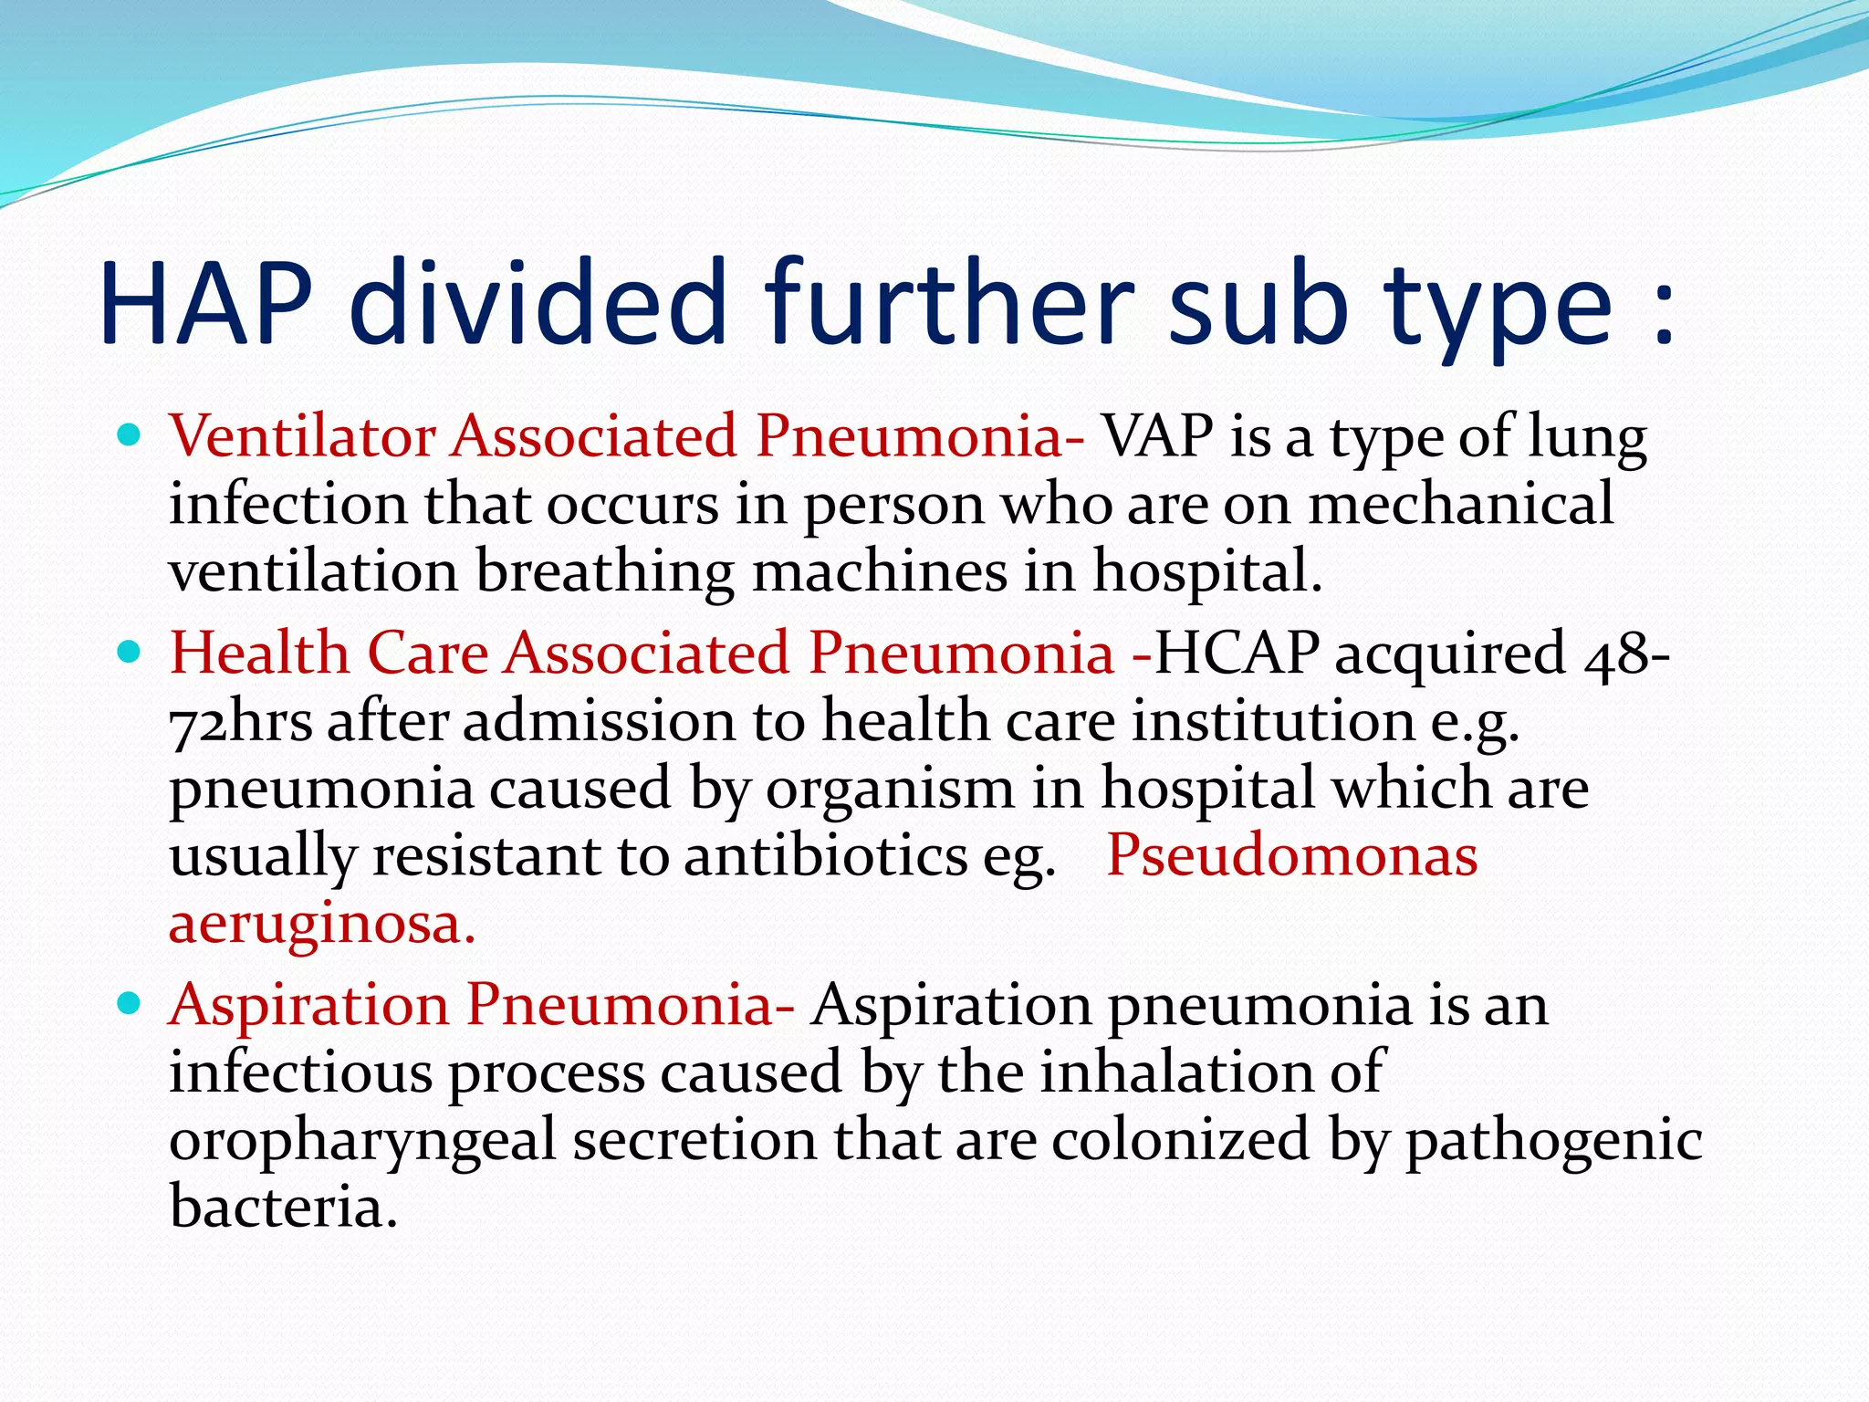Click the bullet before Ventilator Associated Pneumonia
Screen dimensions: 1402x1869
131,435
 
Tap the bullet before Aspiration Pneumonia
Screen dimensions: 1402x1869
131,1004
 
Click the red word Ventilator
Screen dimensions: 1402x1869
302,435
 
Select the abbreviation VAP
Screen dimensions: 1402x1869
1158,435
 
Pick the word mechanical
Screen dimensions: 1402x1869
1461,504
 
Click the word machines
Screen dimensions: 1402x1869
879,571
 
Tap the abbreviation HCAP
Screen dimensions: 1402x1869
1237,654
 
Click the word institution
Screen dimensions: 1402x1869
1273,721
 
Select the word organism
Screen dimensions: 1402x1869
890,789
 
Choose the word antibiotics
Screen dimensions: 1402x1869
826,856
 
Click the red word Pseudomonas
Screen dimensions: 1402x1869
1291,856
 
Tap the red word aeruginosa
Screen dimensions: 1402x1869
321,926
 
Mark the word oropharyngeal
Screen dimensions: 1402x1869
362,1141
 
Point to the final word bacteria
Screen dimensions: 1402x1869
283,1207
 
